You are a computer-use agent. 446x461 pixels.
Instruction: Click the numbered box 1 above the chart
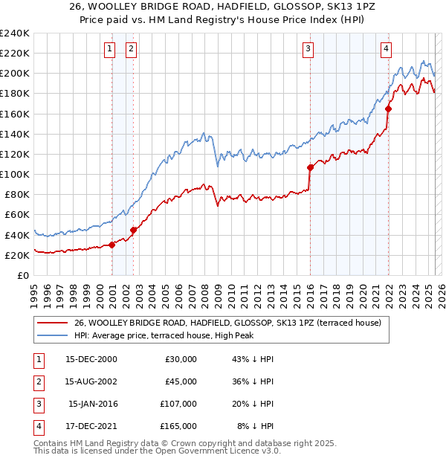(x=109, y=50)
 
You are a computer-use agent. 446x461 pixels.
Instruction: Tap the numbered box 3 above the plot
(x=307, y=50)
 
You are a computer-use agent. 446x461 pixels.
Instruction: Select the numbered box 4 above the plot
(x=387, y=50)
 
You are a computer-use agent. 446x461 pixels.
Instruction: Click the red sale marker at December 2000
(x=112, y=245)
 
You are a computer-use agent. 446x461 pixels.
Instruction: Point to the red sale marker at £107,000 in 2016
(x=310, y=167)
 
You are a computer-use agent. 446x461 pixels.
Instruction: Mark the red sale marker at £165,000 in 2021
(x=388, y=109)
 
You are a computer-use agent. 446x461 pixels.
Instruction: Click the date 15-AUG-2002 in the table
(x=91, y=381)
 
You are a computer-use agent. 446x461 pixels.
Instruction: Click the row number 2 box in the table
(x=37, y=381)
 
